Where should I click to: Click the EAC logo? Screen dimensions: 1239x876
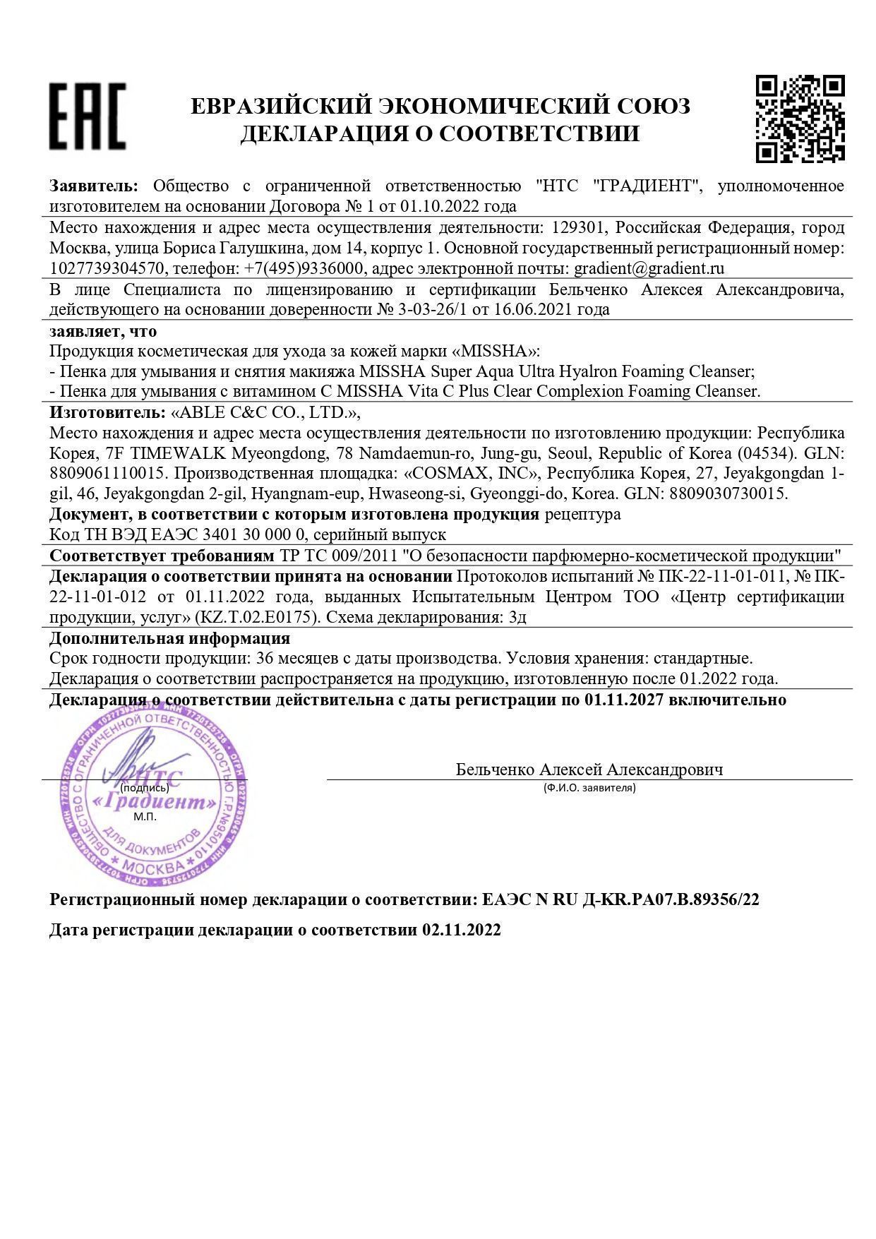pyautogui.click(x=88, y=116)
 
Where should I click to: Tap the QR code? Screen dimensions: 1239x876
pyautogui.click(x=800, y=119)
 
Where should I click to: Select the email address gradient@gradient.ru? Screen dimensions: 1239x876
pyautogui.click(x=649, y=269)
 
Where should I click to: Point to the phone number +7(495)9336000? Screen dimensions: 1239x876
pyautogui.click(x=304, y=269)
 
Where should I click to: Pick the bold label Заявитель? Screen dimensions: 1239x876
pyautogui.click(x=94, y=186)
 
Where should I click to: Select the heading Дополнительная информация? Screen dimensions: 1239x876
pyautogui.click(x=169, y=638)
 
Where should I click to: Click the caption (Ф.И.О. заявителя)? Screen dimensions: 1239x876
pyautogui.click(x=589, y=788)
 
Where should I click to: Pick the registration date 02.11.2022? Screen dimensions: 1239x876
pyautogui.click(x=462, y=930)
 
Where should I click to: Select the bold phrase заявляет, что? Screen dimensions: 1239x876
pyautogui.click(x=103, y=331)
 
